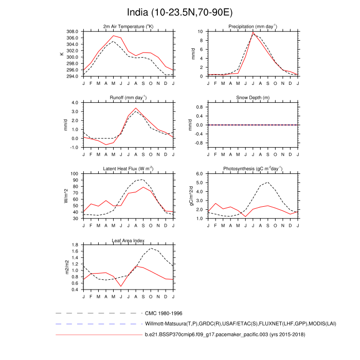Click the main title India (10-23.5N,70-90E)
coord(180,12)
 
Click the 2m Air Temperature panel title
coord(128,26)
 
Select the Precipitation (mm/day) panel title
coord(253,26)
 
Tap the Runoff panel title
coord(128,97)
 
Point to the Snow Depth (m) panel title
coord(253,98)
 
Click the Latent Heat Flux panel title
coord(128,169)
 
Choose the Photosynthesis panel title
coord(253,169)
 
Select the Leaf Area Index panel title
coord(128,240)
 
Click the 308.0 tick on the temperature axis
coord(73,31)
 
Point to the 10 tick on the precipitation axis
coord(201,31)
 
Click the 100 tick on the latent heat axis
coord(74,174)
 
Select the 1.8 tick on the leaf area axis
coord(75,245)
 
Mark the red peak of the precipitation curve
coord(253,33)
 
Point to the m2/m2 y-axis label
coord(66,267)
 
